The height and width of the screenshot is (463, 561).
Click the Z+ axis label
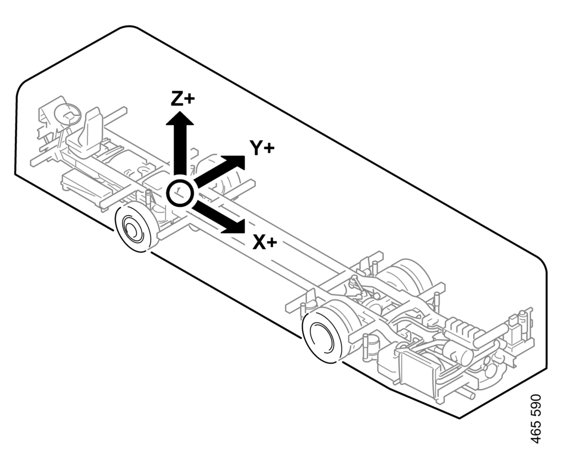[182, 98]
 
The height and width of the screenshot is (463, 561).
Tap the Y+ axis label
[262, 148]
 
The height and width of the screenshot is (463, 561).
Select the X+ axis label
[265, 241]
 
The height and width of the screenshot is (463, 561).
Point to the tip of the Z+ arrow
[180, 111]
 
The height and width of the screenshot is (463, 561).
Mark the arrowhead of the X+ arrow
[235, 225]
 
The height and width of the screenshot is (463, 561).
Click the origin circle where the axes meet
[180, 193]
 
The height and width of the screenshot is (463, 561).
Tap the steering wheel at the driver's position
[68, 114]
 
